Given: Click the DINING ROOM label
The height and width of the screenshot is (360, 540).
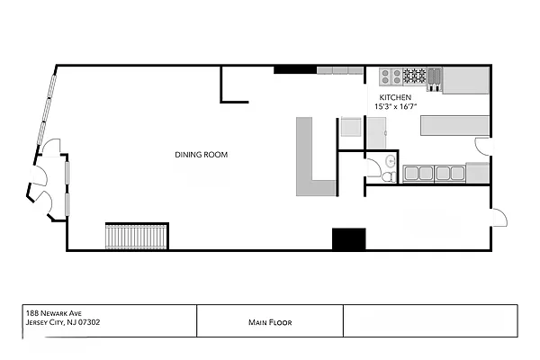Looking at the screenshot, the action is pyautogui.click(x=201, y=155).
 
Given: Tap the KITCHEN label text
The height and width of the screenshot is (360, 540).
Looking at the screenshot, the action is pyautogui.click(x=395, y=97).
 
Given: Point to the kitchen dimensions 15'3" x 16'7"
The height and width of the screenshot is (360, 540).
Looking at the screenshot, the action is pyautogui.click(x=396, y=106).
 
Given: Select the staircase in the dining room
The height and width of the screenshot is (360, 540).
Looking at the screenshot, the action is pyautogui.click(x=136, y=237).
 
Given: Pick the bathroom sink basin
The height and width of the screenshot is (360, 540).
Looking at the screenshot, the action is pyautogui.click(x=391, y=160).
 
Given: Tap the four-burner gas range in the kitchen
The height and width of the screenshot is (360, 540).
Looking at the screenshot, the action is pyautogui.click(x=415, y=76).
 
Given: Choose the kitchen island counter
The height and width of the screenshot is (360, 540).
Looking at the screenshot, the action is pyautogui.click(x=454, y=125).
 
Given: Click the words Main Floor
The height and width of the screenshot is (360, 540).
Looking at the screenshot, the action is pyautogui.click(x=270, y=322).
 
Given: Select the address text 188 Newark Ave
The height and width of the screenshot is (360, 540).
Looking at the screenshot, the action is pyautogui.click(x=54, y=313).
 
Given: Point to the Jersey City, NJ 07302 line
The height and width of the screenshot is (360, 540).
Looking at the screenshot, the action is pyautogui.click(x=63, y=322).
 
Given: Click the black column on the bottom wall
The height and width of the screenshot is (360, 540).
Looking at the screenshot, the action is pyautogui.click(x=348, y=238).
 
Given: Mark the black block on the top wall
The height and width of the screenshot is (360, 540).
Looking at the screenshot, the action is pyautogui.click(x=295, y=69).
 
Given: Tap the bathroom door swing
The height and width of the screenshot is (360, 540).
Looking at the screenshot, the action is pyautogui.click(x=374, y=167).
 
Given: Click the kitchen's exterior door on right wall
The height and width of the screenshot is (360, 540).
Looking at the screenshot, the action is pyautogui.click(x=482, y=147).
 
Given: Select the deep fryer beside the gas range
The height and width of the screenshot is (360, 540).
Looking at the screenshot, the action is pyautogui.click(x=435, y=79).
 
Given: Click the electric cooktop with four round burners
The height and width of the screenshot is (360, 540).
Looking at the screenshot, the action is pyautogui.click(x=391, y=76).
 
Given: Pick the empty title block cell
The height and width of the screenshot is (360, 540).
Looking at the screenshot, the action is pyautogui.click(x=430, y=320).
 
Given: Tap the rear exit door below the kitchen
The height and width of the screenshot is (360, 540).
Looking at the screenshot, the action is pyautogui.click(x=499, y=218).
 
